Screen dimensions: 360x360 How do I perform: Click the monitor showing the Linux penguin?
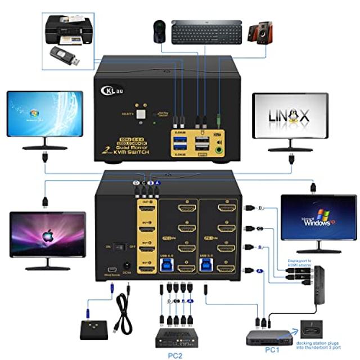290,116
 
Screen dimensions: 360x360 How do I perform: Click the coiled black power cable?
121,315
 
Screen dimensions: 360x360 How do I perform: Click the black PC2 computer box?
176,337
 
